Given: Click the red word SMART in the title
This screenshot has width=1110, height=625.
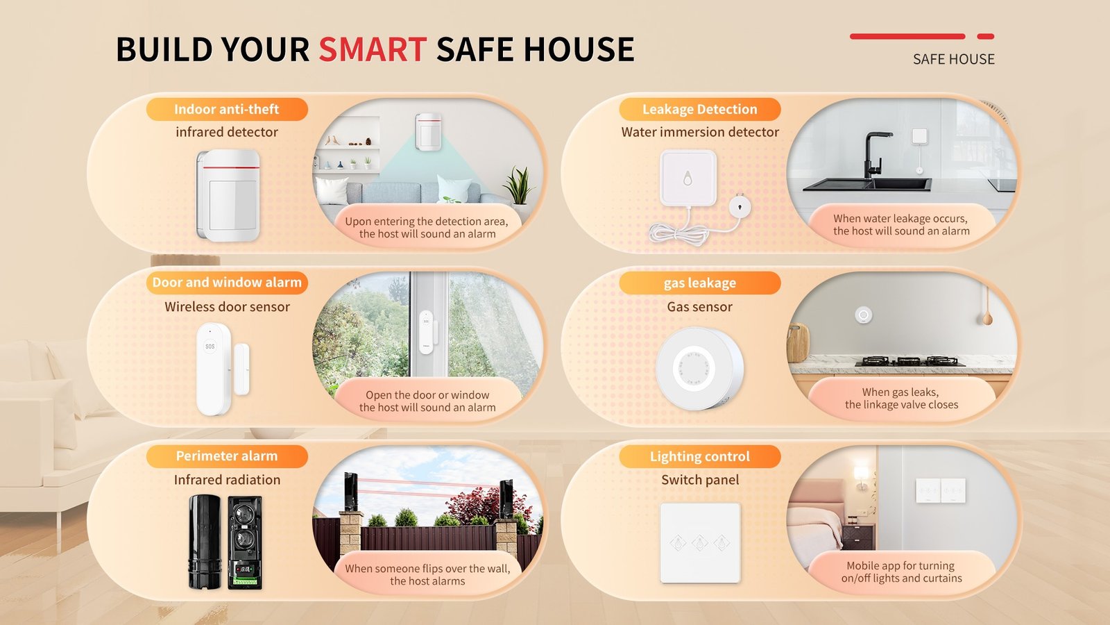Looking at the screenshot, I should (x=372, y=50).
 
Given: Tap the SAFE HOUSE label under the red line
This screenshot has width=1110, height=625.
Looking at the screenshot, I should (x=953, y=60).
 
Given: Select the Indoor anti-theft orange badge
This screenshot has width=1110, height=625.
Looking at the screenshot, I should (x=226, y=109).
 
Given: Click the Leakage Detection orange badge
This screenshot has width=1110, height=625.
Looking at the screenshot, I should (x=699, y=109).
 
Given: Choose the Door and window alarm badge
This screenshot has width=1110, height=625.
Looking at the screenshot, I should (x=226, y=283).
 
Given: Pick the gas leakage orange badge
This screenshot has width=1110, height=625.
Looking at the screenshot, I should (x=699, y=283).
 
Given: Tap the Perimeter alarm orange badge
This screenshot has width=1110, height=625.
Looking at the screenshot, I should (x=226, y=456).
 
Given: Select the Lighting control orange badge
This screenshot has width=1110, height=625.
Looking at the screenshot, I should (x=699, y=456).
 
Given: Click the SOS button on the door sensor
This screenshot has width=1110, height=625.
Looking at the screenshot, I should (x=210, y=346).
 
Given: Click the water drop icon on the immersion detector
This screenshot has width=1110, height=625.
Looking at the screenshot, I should (x=688, y=178).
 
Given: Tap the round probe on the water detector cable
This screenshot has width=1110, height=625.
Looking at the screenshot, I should (x=740, y=206).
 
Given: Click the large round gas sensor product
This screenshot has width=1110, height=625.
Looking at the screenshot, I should (x=699, y=368).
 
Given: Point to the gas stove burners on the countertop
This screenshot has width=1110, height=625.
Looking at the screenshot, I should (x=909, y=360).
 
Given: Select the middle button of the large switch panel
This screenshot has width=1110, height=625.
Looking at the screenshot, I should (x=700, y=542).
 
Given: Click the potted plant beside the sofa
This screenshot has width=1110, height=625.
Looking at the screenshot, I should (x=518, y=185).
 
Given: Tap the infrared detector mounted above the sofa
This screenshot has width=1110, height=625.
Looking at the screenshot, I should (x=428, y=131).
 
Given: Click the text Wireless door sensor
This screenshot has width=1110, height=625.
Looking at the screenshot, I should (x=227, y=307).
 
